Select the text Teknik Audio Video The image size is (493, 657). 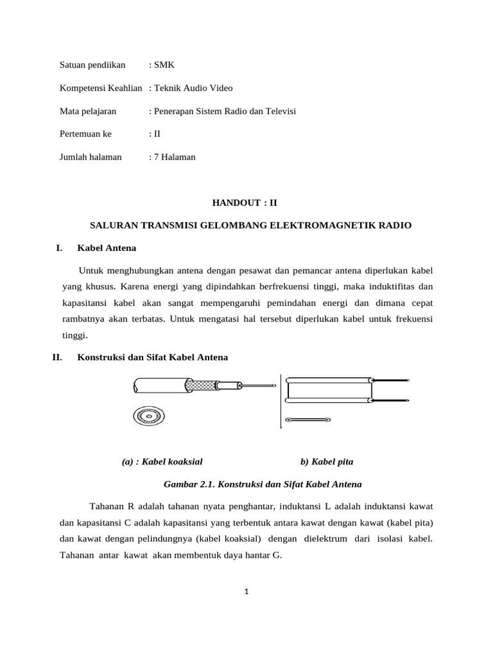(x=193, y=88)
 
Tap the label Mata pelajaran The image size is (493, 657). (x=88, y=111)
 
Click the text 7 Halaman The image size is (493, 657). (x=174, y=157)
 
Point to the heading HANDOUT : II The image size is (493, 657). (x=246, y=203)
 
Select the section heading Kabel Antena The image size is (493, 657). (x=107, y=248)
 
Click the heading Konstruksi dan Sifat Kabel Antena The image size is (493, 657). (x=152, y=357)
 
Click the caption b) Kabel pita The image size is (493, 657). (x=327, y=461)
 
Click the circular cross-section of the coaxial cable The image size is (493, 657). (x=148, y=417)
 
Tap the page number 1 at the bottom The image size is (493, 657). (x=246, y=592)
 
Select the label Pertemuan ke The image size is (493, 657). (x=85, y=134)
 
